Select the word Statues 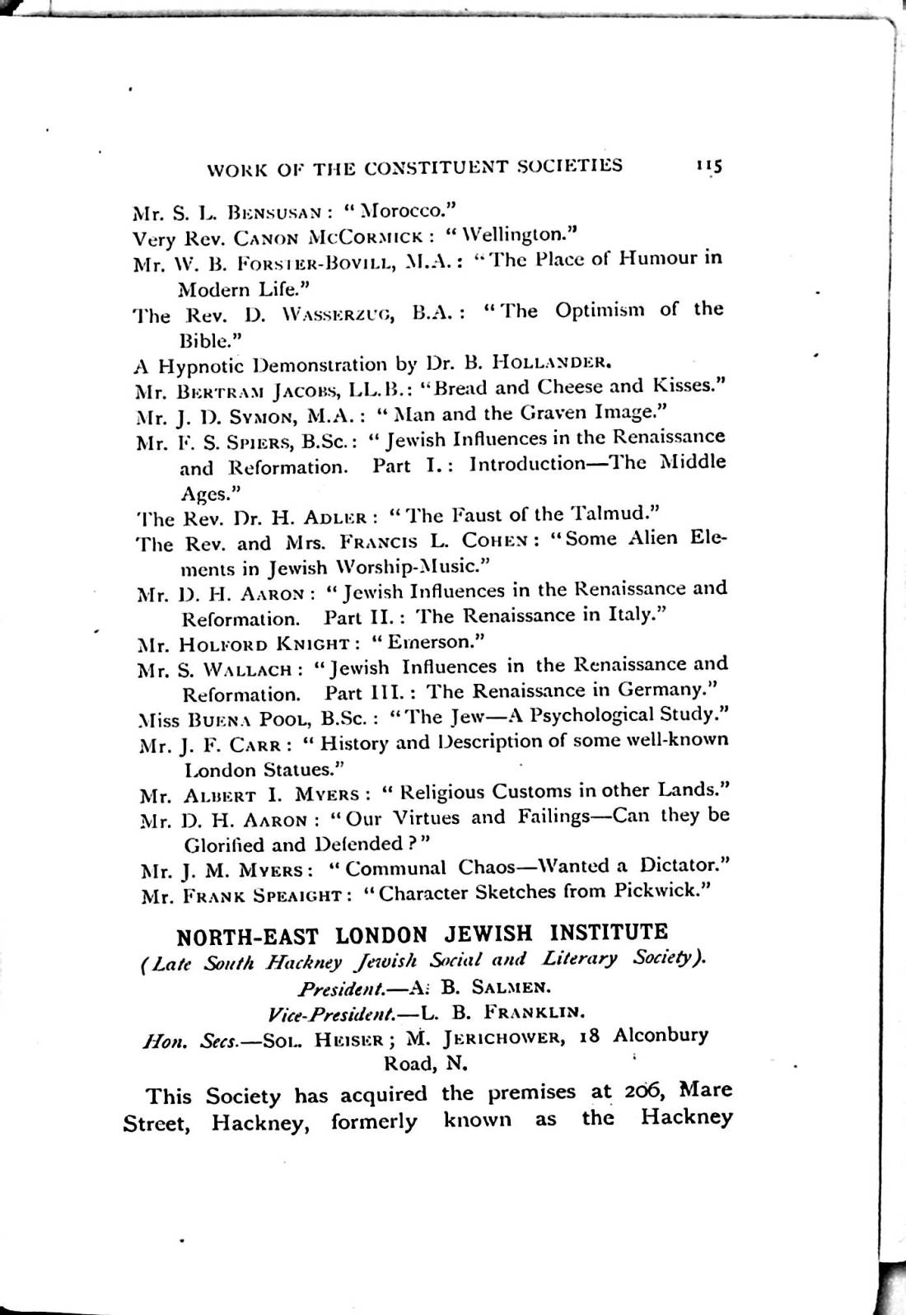(295, 769)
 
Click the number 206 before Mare (638, 1091)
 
